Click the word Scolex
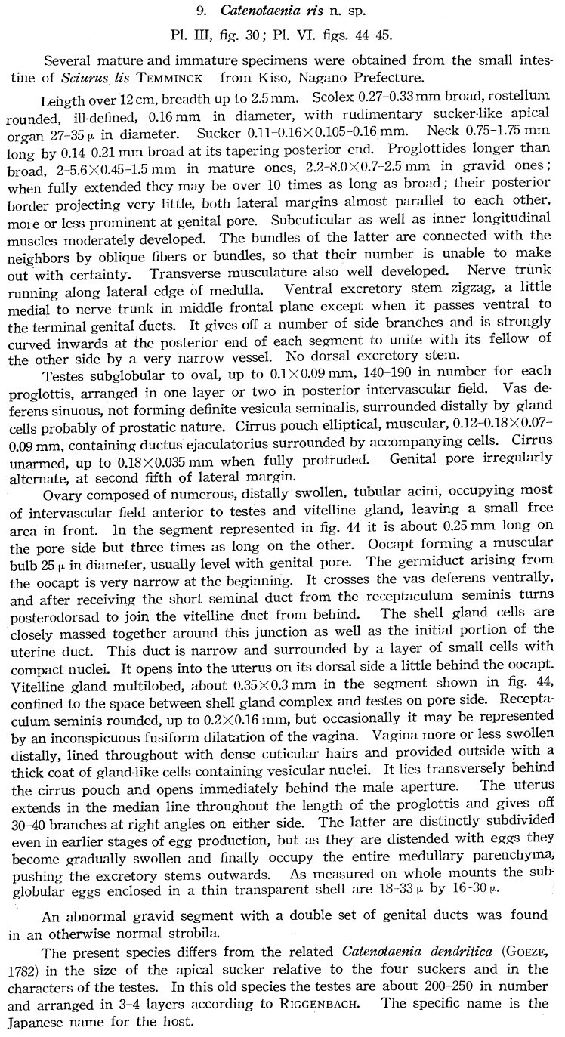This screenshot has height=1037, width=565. click(323, 99)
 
